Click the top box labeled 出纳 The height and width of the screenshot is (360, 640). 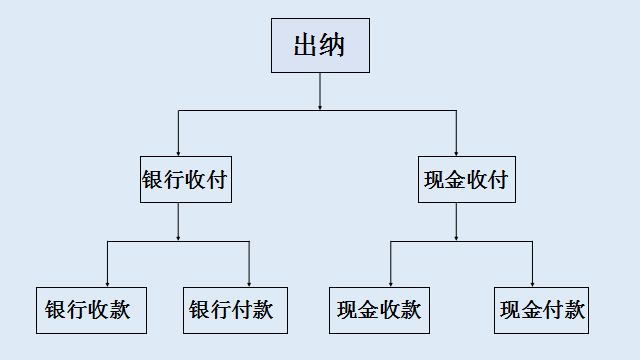point(319,46)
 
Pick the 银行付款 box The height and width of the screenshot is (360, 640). point(231,309)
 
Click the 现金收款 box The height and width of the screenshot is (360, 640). point(379,309)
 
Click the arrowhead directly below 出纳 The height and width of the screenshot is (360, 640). point(319,105)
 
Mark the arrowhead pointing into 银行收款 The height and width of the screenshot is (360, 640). point(107,282)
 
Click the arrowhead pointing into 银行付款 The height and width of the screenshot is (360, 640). point(249,282)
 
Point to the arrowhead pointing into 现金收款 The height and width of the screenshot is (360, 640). point(391,282)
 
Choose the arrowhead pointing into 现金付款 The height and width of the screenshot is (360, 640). point(532,282)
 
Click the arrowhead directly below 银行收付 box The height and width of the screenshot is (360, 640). point(178,237)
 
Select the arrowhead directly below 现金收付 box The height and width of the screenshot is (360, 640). point(456,237)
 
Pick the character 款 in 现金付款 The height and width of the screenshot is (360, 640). point(573,309)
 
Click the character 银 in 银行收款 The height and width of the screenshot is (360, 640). point(56,309)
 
